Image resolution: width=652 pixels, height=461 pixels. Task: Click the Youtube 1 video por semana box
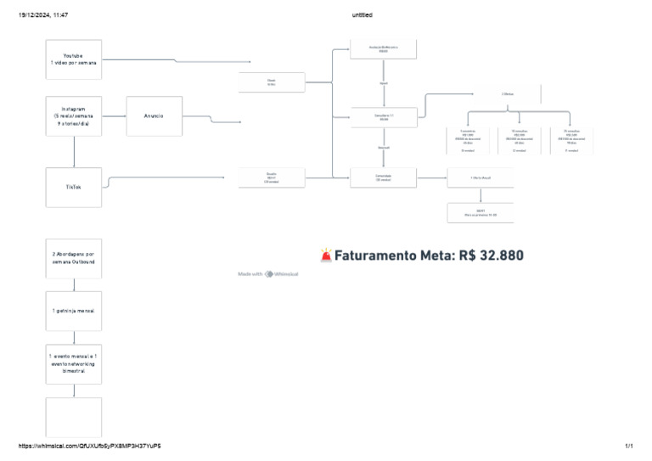[x=74, y=59]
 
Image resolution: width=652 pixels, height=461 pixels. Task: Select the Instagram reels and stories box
[x=74, y=116]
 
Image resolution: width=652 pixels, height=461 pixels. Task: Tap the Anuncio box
[x=154, y=115]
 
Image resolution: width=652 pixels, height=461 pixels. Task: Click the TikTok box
[x=74, y=187]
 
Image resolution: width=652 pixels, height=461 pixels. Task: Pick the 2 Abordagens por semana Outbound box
[x=74, y=258]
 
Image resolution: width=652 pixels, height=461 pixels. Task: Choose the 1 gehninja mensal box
[x=74, y=311]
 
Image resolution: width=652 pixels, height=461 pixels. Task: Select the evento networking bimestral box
[x=74, y=363]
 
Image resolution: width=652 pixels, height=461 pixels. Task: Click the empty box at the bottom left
[x=74, y=417]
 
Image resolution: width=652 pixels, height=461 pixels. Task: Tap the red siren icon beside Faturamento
[x=327, y=255]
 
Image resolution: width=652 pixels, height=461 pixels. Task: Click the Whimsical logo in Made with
[x=269, y=274]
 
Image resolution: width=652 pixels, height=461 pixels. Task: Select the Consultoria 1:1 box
[x=384, y=116]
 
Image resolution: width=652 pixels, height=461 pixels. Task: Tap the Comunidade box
[x=384, y=177]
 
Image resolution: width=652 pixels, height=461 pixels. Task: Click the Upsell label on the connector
[x=384, y=84]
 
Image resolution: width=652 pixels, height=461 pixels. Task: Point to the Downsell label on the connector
[x=384, y=148]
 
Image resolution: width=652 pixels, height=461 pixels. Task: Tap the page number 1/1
[x=629, y=446]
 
